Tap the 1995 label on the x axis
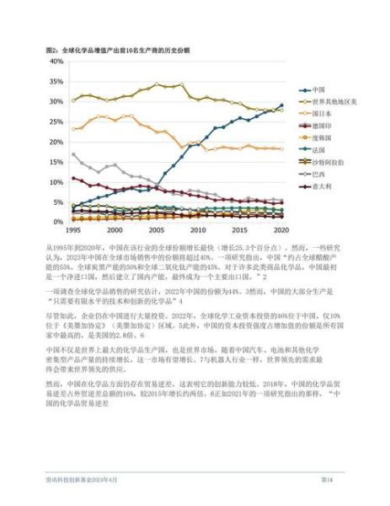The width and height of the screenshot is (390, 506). click(x=74, y=230)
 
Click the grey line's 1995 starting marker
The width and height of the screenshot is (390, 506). click(x=74, y=154)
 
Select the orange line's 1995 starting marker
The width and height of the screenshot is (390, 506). click(x=74, y=129)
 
